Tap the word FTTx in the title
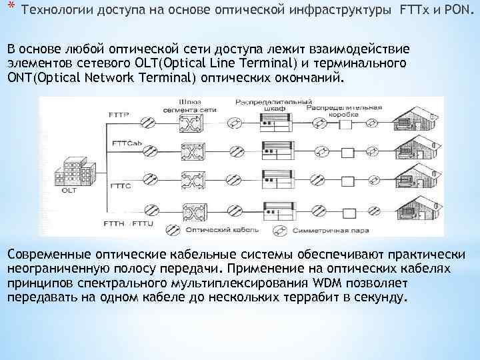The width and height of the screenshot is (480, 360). pyautogui.click(x=414, y=9)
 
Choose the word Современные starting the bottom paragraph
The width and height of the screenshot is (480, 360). pyautogui.click(x=50, y=256)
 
